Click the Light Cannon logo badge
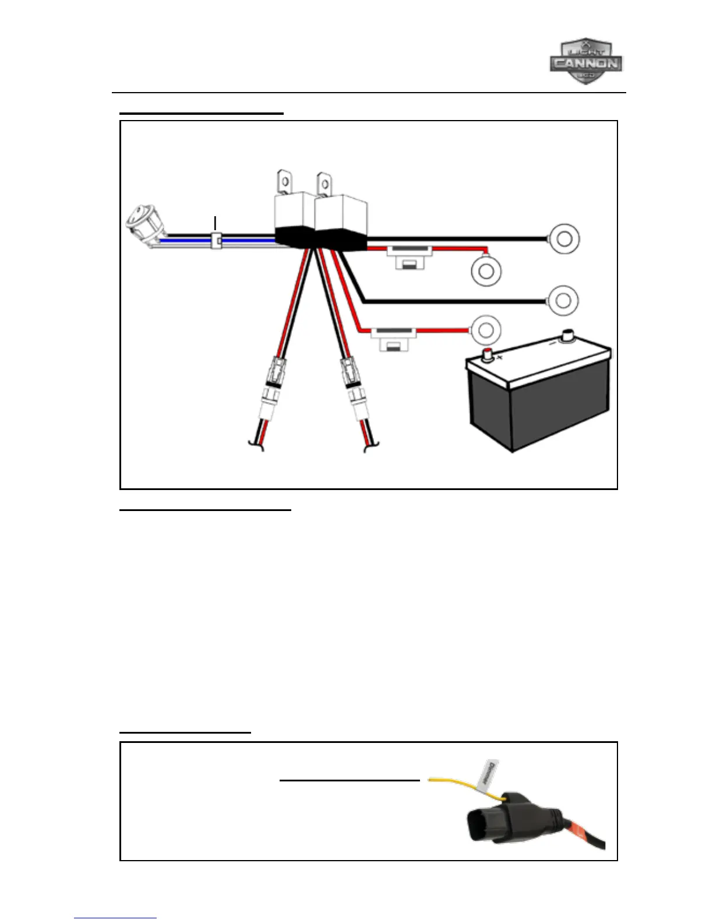tap(585, 62)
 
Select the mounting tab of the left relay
tap(284, 181)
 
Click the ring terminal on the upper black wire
tap(563, 239)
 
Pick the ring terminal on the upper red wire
tap(486, 271)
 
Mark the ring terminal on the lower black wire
tap(563, 300)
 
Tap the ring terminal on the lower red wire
tap(485, 330)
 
